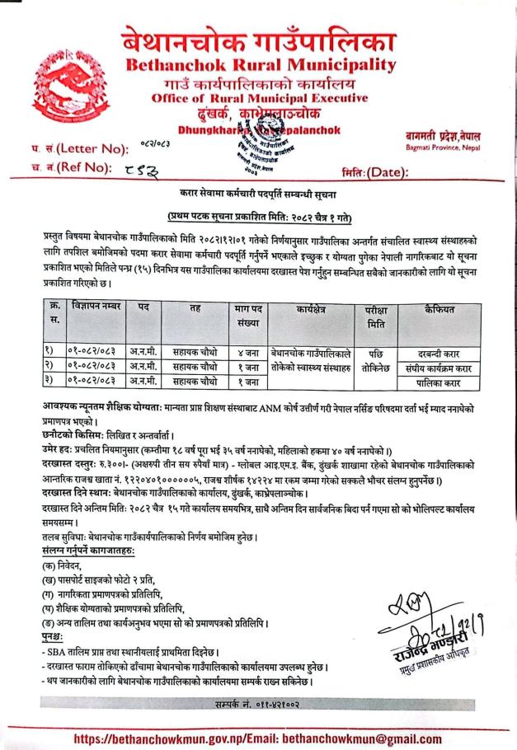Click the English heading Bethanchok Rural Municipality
point(256,66)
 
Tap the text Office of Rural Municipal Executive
point(255,97)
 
